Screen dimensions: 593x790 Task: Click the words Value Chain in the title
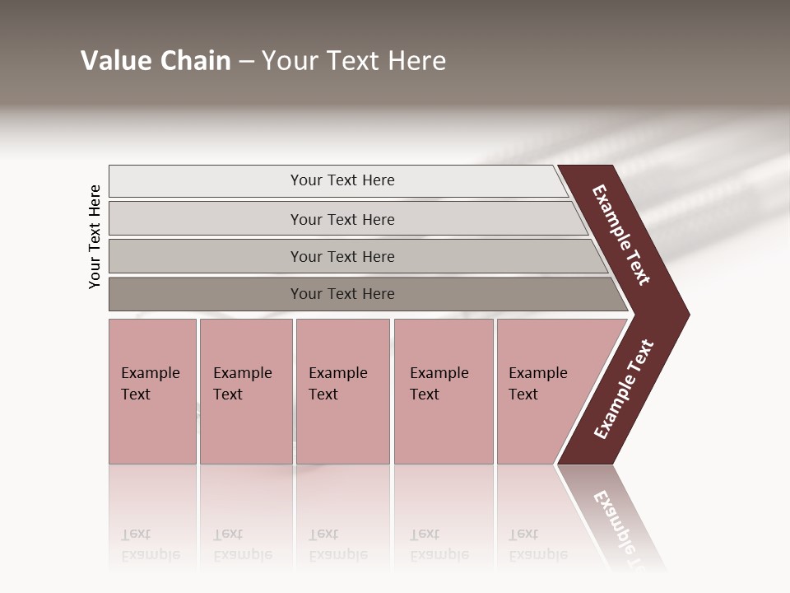[x=156, y=61]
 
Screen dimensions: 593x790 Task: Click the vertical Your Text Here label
[x=95, y=236]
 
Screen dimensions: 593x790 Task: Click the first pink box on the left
[x=152, y=428]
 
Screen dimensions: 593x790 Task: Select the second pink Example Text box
[x=246, y=428]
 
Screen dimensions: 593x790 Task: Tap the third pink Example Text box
[x=342, y=428]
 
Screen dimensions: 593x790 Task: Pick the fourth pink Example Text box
[x=444, y=428]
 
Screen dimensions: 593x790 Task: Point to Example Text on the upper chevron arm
[x=621, y=235]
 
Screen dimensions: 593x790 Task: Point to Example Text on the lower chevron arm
[x=623, y=390]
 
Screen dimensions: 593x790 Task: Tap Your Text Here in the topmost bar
[x=342, y=180]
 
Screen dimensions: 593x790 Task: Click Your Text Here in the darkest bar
[x=342, y=294]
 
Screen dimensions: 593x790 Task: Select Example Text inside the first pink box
[x=150, y=384]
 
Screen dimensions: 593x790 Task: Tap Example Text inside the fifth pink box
[x=537, y=384]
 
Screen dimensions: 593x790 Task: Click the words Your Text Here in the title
[x=354, y=61]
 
